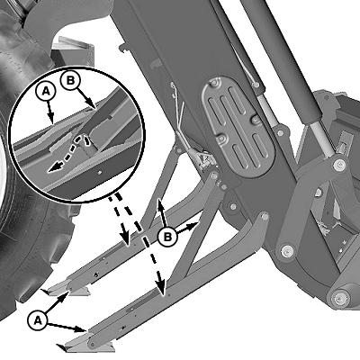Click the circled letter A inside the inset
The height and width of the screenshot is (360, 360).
46,92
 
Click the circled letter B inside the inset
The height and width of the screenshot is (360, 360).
70,80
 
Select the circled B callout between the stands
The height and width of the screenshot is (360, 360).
167,237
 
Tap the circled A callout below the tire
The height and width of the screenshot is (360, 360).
38,320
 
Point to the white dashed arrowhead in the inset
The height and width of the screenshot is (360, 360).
54,168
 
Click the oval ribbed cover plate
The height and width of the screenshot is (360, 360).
238,127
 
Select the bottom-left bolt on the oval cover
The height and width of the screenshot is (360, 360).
222,139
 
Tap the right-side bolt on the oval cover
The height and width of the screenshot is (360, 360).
256,120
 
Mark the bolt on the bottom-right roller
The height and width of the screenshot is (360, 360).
339,298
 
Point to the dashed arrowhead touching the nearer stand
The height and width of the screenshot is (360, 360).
161,289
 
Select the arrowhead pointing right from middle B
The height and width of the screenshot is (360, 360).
194,225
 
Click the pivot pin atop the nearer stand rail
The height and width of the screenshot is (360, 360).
265,215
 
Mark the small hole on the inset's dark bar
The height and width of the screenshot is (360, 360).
100,173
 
